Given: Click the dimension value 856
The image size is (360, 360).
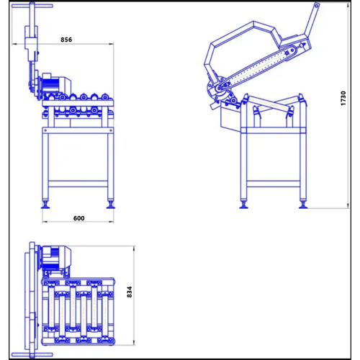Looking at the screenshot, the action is [66, 40].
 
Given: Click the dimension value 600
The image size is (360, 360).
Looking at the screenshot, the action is [79, 218].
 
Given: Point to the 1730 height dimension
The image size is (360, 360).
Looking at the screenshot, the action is [343, 98].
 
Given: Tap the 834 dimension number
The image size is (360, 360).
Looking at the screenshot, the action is [130, 292].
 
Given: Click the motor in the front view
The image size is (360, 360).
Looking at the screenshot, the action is [57, 85].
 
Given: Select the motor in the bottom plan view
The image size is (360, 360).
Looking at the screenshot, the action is [57, 257].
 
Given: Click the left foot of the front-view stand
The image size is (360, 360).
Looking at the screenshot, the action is [45, 205].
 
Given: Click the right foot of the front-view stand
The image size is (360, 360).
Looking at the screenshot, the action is [111, 205].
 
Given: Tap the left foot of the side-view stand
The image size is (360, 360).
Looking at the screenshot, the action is [243, 205].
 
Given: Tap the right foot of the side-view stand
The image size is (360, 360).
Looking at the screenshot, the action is [303, 205].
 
